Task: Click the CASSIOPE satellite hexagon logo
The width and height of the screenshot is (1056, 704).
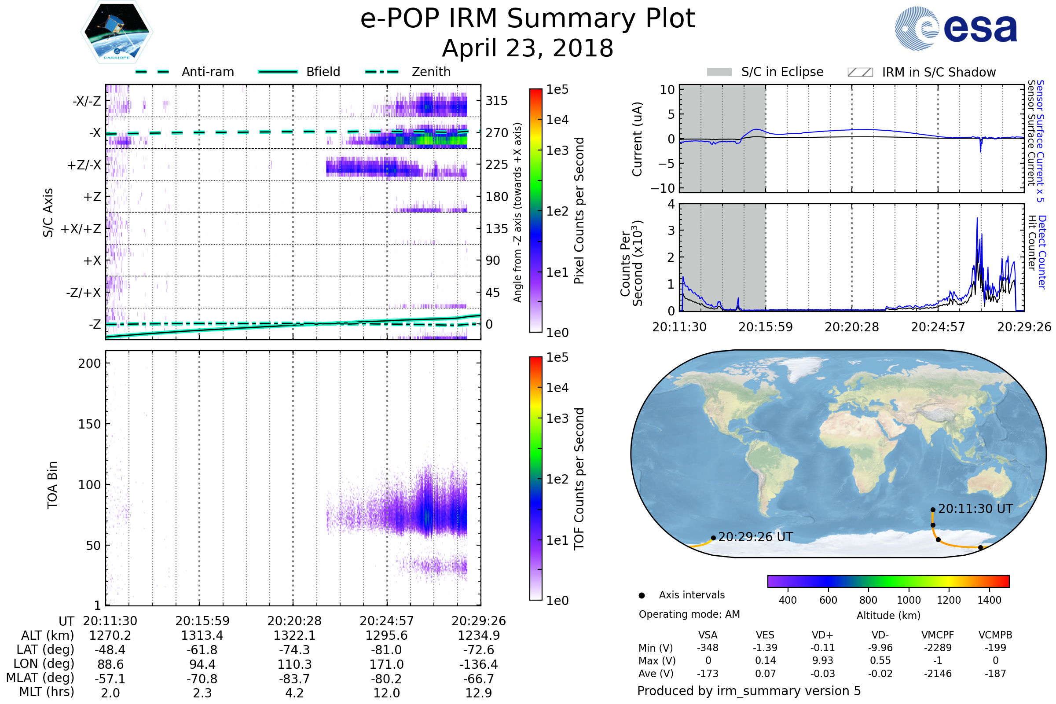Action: (117, 32)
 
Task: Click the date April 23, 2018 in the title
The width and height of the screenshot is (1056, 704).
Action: (528, 48)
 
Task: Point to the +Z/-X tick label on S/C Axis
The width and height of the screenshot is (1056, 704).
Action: (84, 165)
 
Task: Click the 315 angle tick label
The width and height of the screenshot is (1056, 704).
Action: (497, 101)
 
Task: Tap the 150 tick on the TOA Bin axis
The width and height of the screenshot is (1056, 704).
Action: (89, 424)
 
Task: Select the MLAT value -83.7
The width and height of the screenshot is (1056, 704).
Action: (294, 679)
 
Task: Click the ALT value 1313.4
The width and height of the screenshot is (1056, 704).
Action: (202, 636)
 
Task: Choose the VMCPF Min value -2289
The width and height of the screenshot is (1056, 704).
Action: (938, 648)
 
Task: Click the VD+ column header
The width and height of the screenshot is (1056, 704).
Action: (822, 635)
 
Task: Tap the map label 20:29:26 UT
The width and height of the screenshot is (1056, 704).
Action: (755, 537)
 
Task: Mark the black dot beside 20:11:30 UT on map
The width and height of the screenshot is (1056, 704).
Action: (933, 510)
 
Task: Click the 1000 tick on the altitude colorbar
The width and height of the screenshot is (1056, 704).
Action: (909, 600)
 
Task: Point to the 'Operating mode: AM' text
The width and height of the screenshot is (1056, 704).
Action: (689, 614)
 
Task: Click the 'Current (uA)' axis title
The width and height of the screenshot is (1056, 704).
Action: (638, 139)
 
